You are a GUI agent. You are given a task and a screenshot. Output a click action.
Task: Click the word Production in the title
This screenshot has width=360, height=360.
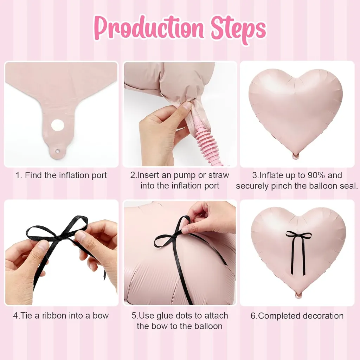(149, 28)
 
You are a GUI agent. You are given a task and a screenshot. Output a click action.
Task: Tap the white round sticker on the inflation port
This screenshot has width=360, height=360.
(58, 125)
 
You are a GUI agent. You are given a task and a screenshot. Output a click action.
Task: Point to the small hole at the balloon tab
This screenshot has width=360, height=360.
(57, 151)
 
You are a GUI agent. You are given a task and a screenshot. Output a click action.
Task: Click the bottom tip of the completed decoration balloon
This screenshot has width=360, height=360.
(298, 295)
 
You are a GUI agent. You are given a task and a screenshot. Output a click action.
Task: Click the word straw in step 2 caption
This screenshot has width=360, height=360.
(219, 175)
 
